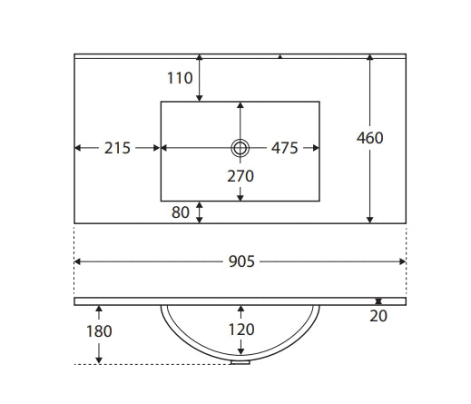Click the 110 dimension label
pos(180,78)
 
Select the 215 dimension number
pos(117,148)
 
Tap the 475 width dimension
pos(285,148)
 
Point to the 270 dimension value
pos(240,176)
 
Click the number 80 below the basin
pos(181,212)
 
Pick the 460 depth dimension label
pos(369,138)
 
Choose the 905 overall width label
pos(241,261)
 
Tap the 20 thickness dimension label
pos(378,316)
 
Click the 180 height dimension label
pos(99,331)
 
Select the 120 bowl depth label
pos(241,330)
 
